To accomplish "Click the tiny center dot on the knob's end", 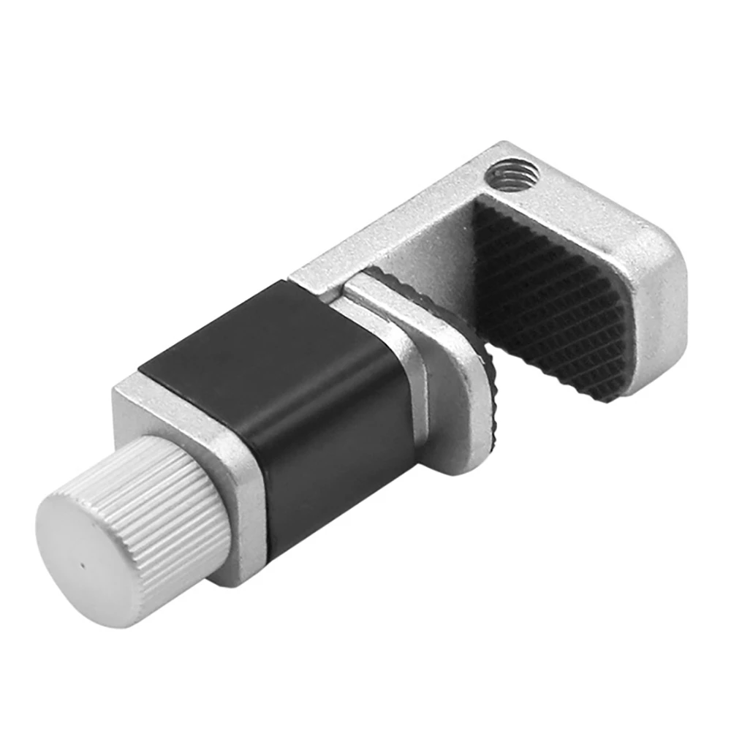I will tap(83, 564).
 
